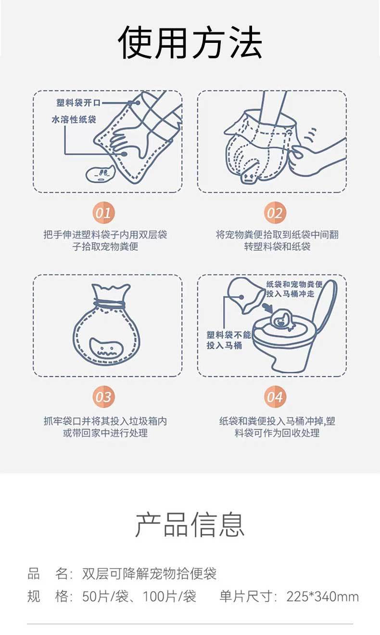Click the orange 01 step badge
103,213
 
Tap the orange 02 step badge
275,213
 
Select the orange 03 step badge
103,397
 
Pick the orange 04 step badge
275,397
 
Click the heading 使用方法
190,42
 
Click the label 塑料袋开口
78,103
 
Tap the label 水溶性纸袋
74,119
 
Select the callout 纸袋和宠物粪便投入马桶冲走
294,289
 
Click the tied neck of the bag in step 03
109,304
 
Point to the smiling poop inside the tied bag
106,348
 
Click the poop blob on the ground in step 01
100,174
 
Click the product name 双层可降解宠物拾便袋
150,573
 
